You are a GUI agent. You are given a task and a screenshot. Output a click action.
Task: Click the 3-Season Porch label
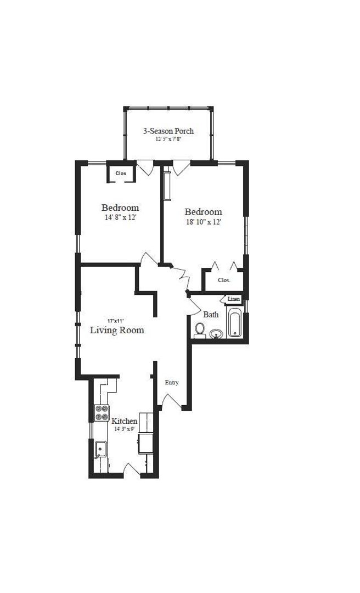(168, 131)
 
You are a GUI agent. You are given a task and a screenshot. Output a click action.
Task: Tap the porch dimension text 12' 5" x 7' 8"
(168, 139)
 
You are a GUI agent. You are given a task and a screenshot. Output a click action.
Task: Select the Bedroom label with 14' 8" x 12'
(120, 208)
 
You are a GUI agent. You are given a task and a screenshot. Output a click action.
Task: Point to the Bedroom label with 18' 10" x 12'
(203, 212)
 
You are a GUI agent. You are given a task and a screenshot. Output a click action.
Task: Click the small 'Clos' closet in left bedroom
(121, 174)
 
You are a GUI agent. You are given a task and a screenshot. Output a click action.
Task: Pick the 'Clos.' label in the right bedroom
(224, 280)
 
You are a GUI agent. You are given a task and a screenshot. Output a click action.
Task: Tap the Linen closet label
(234, 299)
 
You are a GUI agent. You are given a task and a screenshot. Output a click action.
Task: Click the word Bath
(211, 315)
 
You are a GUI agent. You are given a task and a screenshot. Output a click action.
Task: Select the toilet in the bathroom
(200, 330)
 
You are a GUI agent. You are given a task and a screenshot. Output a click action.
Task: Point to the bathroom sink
(217, 333)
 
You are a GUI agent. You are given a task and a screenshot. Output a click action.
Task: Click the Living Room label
(117, 330)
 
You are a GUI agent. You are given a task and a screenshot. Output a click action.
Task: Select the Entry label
(172, 383)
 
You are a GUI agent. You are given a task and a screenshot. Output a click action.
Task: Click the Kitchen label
(125, 421)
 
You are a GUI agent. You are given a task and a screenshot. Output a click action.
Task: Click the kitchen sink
(100, 450)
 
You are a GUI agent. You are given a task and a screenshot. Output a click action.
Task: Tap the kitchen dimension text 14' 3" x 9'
(125, 429)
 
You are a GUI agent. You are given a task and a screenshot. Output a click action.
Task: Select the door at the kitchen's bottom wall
(132, 468)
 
